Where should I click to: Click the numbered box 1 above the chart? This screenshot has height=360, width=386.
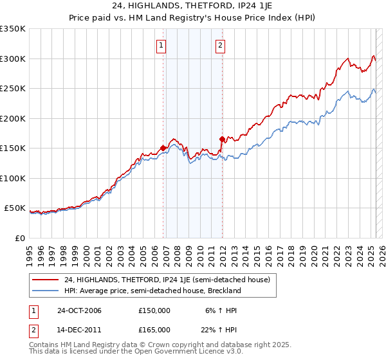point(160,45)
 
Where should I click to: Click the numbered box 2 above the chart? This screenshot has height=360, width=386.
point(220,45)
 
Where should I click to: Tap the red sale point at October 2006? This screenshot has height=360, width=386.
point(163,148)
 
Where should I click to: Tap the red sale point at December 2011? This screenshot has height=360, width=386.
point(222,139)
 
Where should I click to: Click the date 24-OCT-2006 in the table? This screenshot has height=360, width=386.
point(79,310)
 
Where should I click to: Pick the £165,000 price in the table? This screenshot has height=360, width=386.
point(154,330)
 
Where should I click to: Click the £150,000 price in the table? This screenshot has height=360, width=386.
point(154,310)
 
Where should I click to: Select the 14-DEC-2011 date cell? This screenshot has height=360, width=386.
point(79,330)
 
